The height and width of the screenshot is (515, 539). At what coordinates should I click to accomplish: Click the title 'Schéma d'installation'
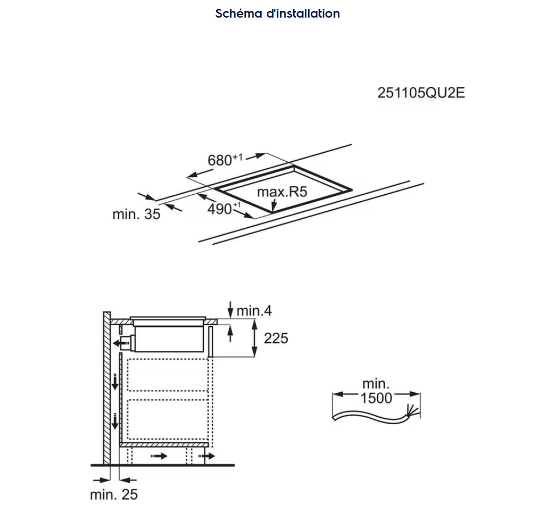point(277,13)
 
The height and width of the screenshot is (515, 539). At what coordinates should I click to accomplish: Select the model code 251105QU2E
point(421,93)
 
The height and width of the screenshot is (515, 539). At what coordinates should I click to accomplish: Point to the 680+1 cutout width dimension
point(225,160)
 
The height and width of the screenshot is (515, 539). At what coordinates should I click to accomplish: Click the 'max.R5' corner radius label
point(282,191)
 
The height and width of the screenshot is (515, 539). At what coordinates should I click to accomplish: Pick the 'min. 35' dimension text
point(136,214)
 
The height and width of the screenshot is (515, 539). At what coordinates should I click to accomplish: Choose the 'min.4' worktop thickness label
point(254,311)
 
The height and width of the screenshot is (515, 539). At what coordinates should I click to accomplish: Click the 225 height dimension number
point(276,338)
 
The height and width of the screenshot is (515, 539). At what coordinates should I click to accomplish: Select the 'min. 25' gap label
point(114,495)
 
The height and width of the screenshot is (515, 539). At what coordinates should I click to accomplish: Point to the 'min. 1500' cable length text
point(376,391)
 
